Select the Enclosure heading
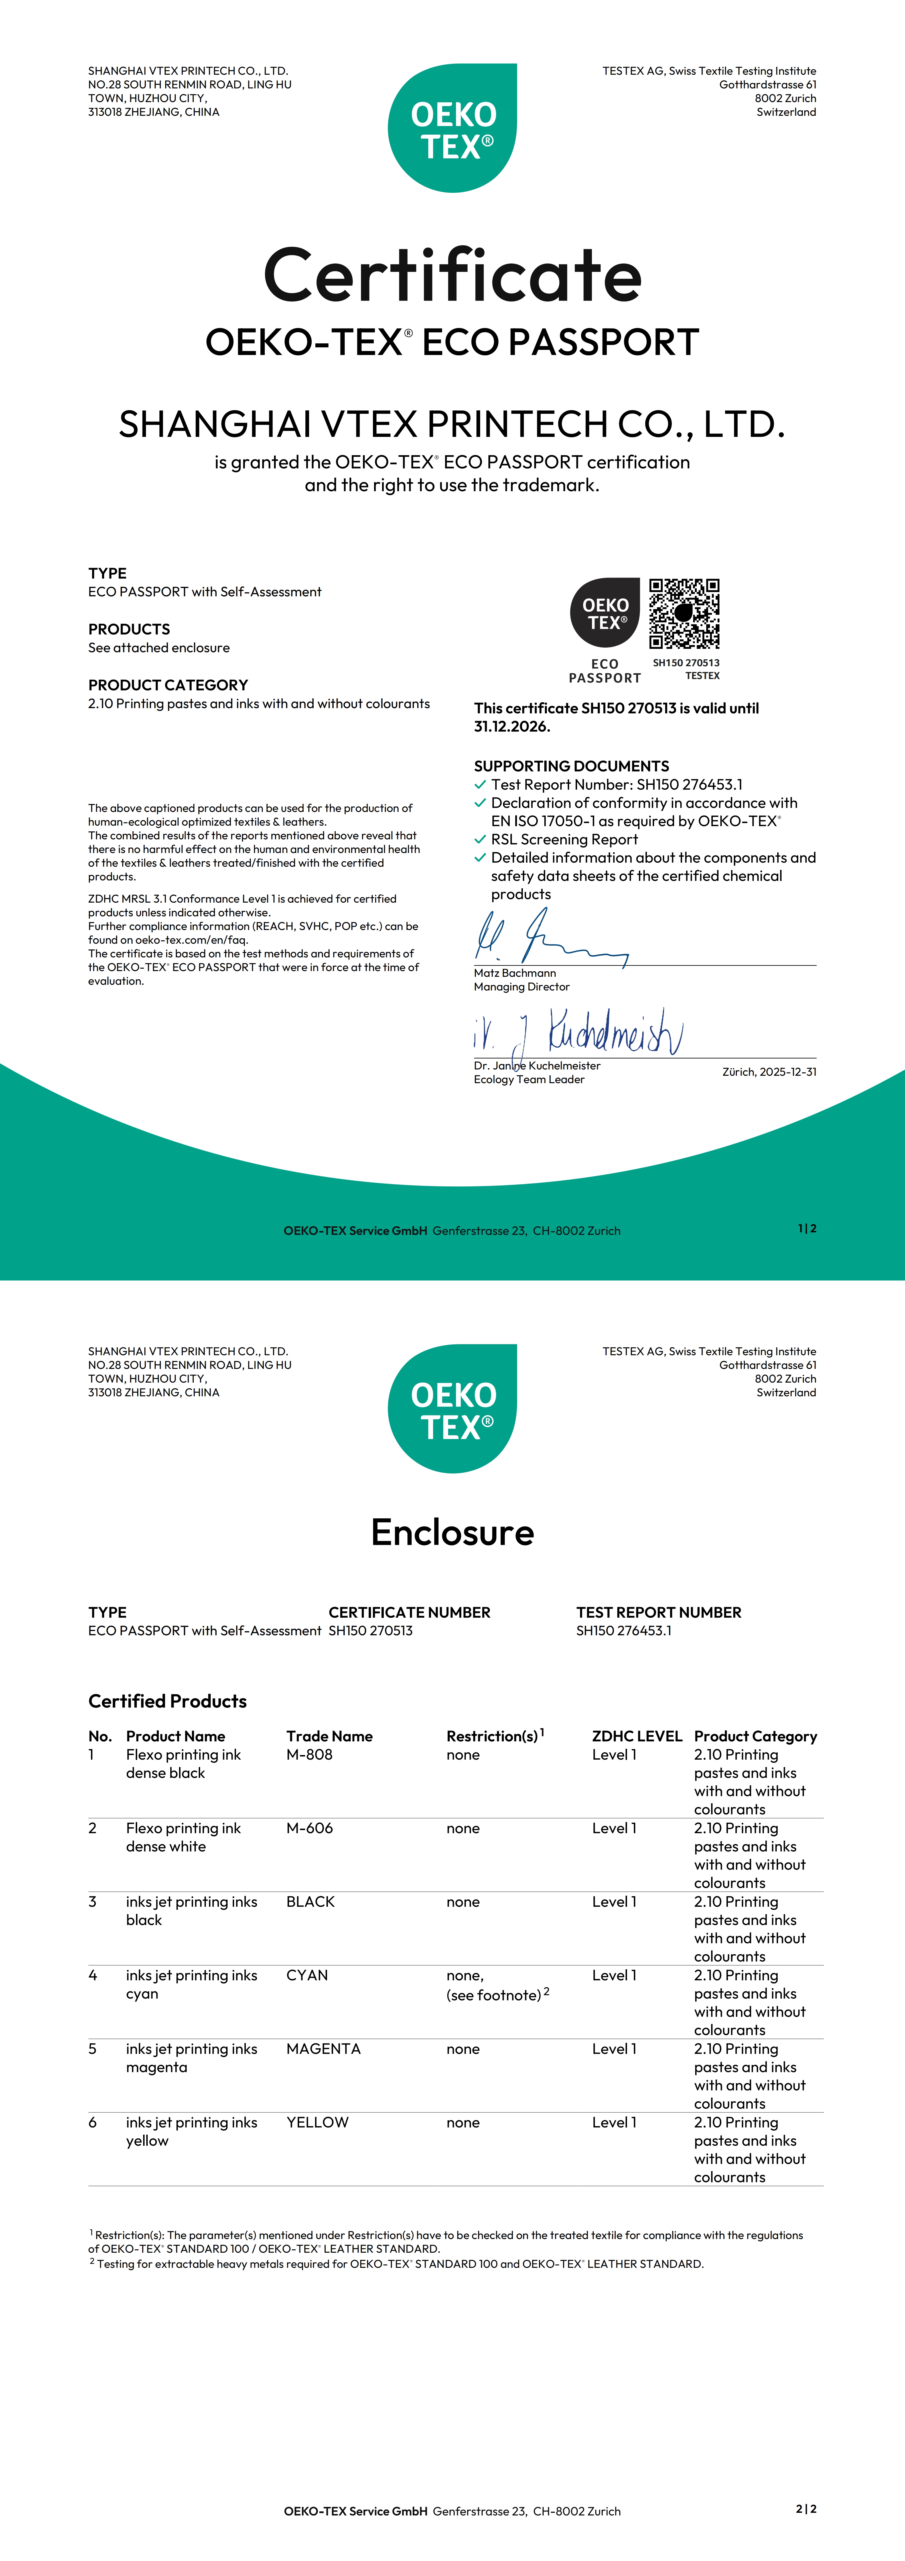[453, 1532]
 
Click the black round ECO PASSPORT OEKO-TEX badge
[605, 612]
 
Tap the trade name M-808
[309, 1755]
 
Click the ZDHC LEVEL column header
[636, 1736]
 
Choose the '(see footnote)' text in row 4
[495, 1994]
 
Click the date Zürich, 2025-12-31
[769, 1072]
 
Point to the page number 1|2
[807, 1229]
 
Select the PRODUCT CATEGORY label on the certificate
[168, 685]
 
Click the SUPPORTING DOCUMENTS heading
[571, 765]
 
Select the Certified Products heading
[167, 1701]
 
